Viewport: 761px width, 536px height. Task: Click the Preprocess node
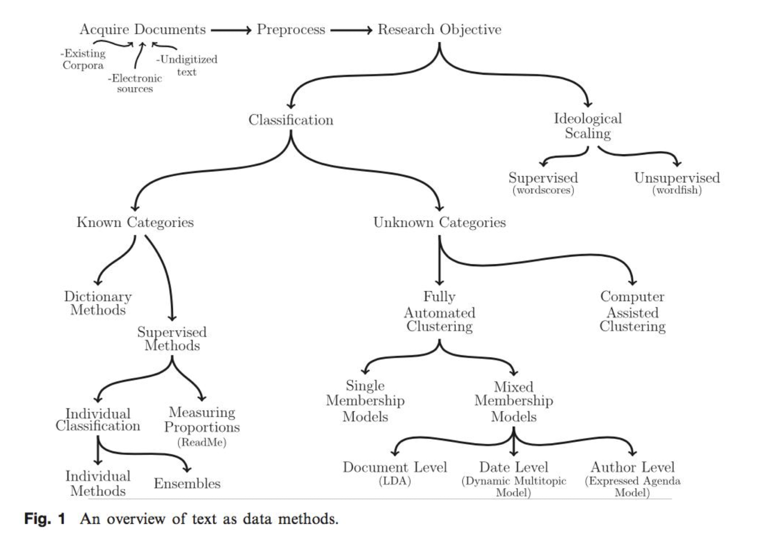click(x=291, y=30)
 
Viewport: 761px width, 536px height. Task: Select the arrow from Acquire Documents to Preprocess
click(x=231, y=30)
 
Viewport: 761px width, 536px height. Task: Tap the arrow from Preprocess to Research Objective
click(x=351, y=30)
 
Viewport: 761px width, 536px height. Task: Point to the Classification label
click(x=291, y=120)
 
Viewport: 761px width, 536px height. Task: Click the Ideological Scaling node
click(x=587, y=126)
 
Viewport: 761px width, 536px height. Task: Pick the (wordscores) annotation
click(x=543, y=190)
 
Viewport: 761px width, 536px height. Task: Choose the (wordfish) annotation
click(x=677, y=190)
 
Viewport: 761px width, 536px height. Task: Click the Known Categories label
click(x=135, y=222)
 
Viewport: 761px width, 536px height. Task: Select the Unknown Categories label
click(x=439, y=222)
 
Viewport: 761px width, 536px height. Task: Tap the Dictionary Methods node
click(x=98, y=303)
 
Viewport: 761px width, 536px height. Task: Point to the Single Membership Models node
click(x=365, y=401)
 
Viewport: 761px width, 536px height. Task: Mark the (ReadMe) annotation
click(x=202, y=442)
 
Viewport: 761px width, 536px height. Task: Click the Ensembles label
click(x=187, y=484)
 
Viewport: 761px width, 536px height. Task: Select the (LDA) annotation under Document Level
click(x=395, y=481)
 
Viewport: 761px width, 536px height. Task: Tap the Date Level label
click(x=514, y=467)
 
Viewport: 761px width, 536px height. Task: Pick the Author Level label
click(x=632, y=467)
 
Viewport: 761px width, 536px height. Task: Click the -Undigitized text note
click(x=187, y=65)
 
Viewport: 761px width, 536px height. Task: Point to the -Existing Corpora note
click(x=83, y=60)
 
